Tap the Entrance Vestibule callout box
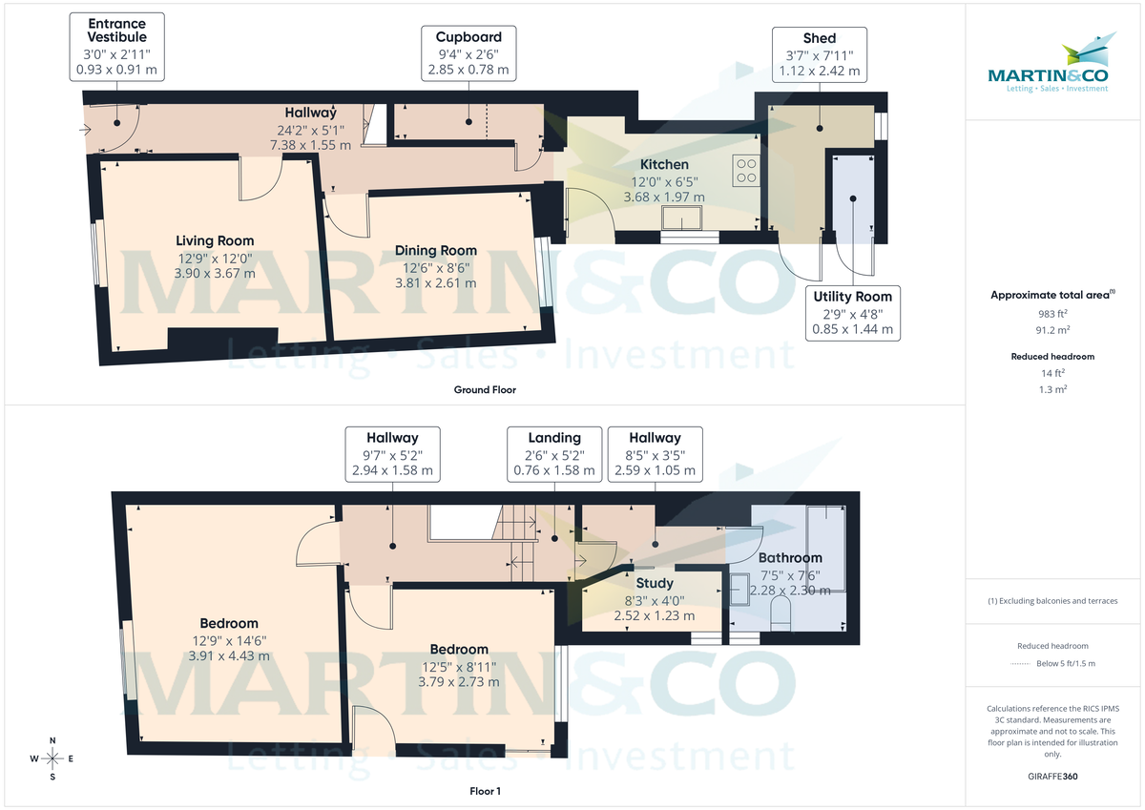116,47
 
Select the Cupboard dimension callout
468,53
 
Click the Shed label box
820,54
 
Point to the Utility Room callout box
852,313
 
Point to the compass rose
53,758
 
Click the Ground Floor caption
486,389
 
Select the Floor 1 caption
486,791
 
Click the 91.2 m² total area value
1052,330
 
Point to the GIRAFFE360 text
1052,777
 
